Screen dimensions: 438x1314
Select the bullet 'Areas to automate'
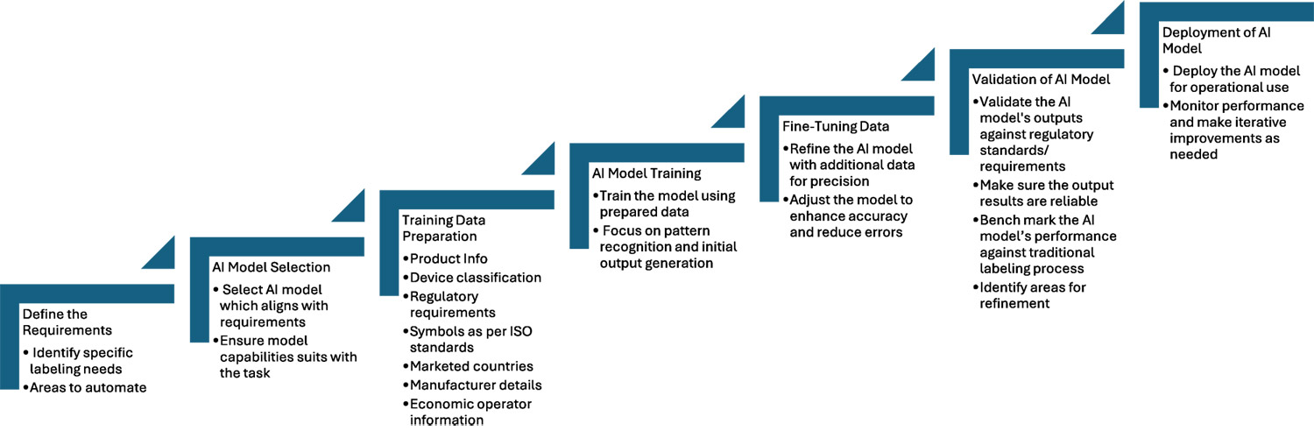coord(88,387)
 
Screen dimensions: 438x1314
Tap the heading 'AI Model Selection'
coord(271,266)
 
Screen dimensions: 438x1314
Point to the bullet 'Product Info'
coord(449,258)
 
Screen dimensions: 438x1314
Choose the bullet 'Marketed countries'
coord(471,366)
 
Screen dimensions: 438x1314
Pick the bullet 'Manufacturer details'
coord(476,385)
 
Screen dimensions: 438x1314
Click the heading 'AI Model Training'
coord(647,173)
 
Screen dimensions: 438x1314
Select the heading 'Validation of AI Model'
coord(1041,79)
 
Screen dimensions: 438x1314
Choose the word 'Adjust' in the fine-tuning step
coord(810,200)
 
